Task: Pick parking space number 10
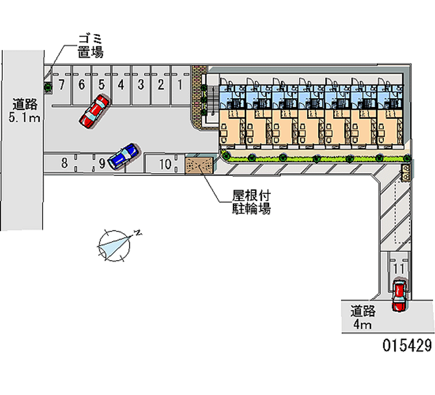[165, 164]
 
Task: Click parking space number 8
[64, 162]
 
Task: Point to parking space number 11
[399, 268]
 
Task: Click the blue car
[124, 156]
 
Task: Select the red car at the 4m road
[399, 296]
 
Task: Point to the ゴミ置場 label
[90, 46]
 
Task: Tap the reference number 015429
[407, 344]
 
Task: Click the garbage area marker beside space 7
[48, 86]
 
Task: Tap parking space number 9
[102, 162]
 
